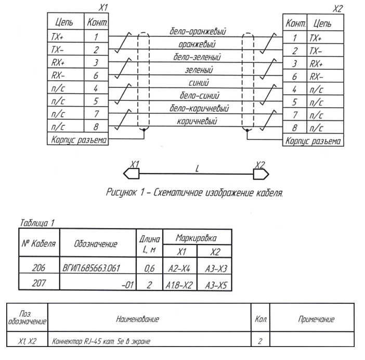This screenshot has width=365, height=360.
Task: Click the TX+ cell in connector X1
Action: click(x=60, y=37)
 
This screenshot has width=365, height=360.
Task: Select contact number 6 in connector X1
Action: click(x=96, y=76)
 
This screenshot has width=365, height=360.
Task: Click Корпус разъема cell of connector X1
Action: click(x=78, y=141)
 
